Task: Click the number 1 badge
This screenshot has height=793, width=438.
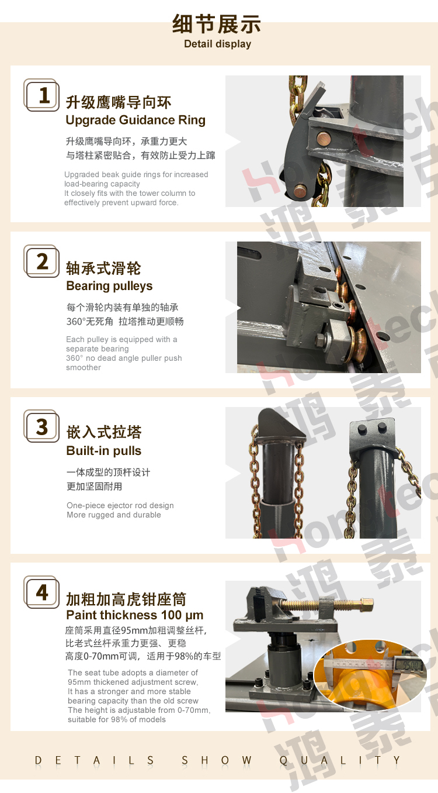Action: [41, 95]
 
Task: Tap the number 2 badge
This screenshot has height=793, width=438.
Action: [41, 261]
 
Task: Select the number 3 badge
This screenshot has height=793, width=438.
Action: [41, 426]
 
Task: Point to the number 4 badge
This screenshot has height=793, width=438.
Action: [41, 592]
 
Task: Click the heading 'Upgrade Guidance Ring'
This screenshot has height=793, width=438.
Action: [135, 120]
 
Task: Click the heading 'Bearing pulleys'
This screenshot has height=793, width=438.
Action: [109, 286]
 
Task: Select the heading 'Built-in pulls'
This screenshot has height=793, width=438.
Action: [104, 451]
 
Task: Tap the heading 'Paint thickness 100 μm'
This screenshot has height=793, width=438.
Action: [135, 615]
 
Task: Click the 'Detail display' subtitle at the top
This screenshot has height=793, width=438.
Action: [218, 44]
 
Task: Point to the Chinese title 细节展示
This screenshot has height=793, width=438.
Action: [217, 24]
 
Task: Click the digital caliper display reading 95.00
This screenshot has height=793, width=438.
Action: [410, 665]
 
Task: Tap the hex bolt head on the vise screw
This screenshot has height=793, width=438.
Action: [367, 605]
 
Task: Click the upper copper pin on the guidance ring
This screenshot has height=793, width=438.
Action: [323, 138]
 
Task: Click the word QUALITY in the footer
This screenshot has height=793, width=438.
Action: [340, 760]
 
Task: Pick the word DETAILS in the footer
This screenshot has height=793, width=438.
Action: [95, 760]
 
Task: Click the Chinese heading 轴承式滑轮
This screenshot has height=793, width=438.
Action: [103, 268]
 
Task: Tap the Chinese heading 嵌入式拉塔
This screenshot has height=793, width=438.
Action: [104, 432]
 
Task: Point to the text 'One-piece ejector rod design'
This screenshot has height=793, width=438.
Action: [120, 505]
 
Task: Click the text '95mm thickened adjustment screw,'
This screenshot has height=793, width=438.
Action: [133, 682]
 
